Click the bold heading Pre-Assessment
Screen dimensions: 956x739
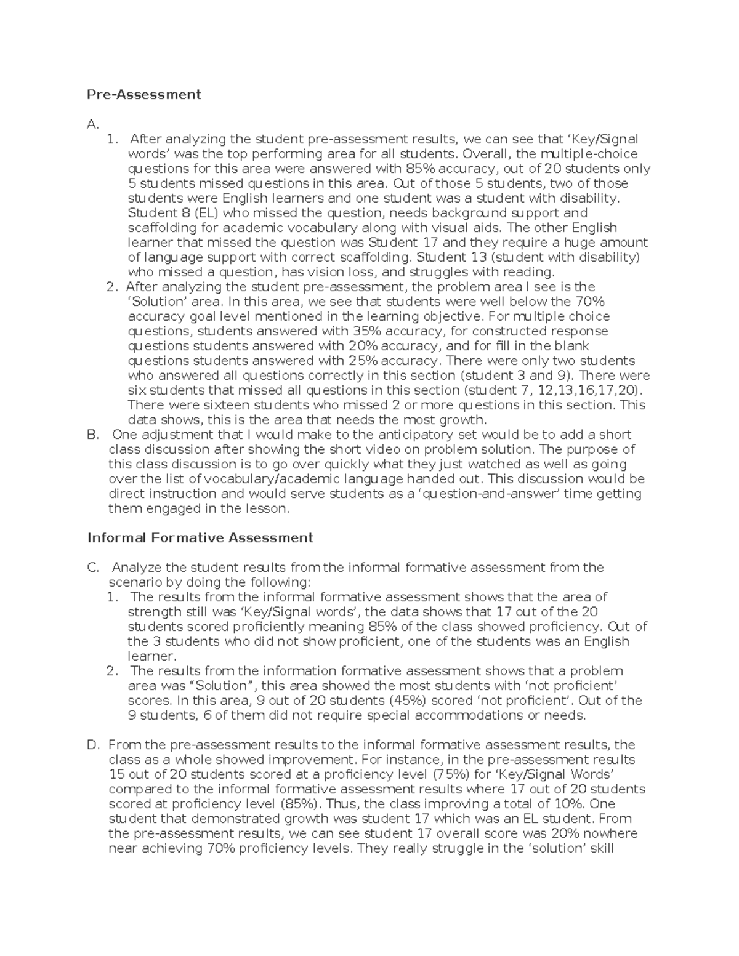point(143,94)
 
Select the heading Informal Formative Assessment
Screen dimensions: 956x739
point(200,537)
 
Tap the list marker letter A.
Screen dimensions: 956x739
point(92,124)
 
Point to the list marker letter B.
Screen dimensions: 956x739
point(93,435)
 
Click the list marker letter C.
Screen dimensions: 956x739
point(93,568)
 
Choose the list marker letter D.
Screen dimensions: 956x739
point(93,745)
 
